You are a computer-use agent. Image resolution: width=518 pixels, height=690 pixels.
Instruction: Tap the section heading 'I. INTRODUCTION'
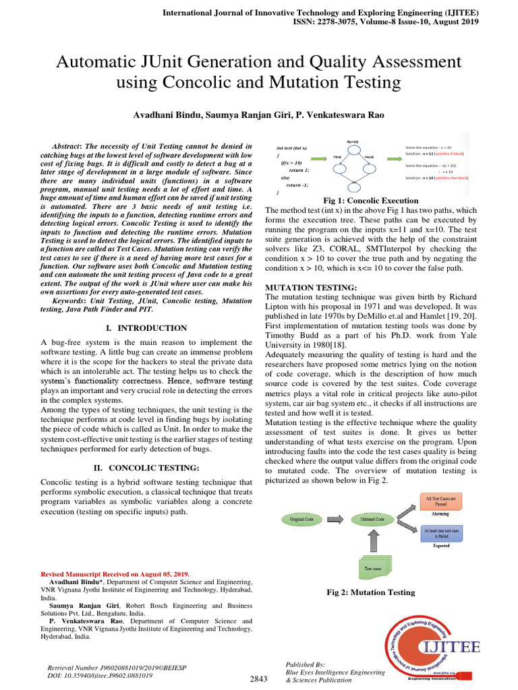pyautogui.click(x=147, y=328)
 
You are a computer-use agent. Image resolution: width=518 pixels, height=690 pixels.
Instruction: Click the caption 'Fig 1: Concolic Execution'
pyautogui.click(x=371, y=201)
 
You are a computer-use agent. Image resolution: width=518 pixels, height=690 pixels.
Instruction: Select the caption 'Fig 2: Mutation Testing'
pyautogui.click(x=370, y=592)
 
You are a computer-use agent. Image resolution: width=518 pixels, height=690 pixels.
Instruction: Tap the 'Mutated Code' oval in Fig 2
pyautogui.click(x=372, y=520)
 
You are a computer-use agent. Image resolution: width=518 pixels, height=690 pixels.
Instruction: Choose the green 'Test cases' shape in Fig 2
pyautogui.click(x=372, y=567)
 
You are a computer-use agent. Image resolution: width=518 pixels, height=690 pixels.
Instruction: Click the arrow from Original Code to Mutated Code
pyautogui.click(x=335, y=520)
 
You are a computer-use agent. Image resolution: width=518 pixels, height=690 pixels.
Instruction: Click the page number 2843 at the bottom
pyautogui.click(x=259, y=679)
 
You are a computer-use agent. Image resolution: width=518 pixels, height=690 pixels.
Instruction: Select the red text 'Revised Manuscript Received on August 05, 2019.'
pyautogui.click(x=115, y=573)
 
